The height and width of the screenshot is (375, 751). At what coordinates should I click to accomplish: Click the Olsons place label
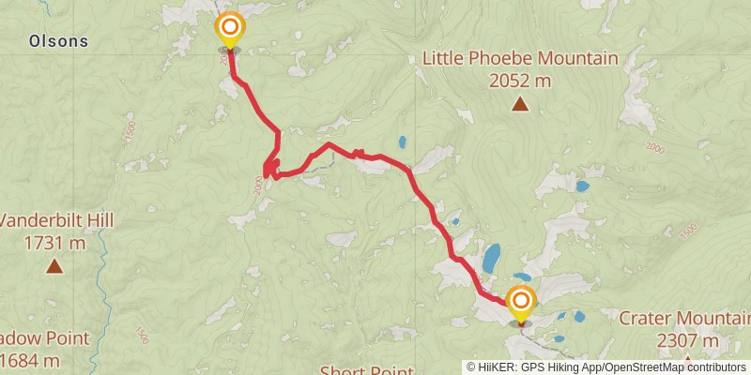[x=58, y=41]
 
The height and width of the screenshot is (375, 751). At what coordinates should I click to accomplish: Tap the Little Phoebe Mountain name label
[x=519, y=59]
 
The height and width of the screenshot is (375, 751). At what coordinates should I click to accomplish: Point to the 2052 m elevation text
[x=519, y=81]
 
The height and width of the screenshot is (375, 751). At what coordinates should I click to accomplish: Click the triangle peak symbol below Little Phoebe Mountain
[x=520, y=104]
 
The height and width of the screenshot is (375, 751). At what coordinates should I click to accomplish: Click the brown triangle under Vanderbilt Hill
[x=54, y=267]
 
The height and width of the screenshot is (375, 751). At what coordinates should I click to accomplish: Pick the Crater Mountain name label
[x=683, y=318]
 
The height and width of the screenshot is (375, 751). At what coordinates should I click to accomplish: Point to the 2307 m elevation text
[x=688, y=339]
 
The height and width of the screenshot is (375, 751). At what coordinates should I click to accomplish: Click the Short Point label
[x=366, y=370]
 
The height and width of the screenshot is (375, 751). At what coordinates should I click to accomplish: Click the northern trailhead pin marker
[x=229, y=29]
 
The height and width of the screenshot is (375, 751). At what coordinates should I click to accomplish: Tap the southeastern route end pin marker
[x=520, y=303]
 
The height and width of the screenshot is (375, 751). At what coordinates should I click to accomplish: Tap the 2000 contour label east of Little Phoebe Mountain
[x=654, y=149]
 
